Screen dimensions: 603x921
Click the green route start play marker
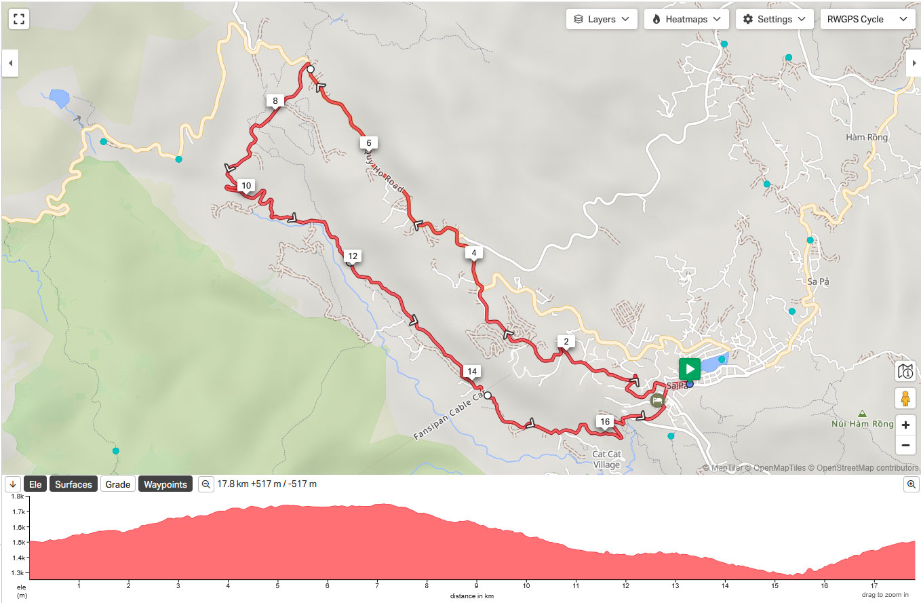(x=689, y=369)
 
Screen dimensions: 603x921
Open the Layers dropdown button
(x=602, y=19)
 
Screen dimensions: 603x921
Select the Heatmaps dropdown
(x=686, y=19)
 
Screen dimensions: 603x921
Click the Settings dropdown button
(x=774, y=19)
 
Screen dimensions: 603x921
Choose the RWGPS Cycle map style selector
(x=866, y=19)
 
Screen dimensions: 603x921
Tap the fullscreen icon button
(x=19, y=19)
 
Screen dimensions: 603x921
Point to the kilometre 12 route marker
(x=352, y=256)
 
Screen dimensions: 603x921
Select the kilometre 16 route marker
(x=604, y=422)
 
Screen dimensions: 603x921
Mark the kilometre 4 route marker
(x=473, y=254)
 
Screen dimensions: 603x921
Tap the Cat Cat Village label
(x=606, y=459)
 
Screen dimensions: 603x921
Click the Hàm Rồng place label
(x=867, y=137)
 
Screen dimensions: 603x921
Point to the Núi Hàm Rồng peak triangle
(x=862, y=413)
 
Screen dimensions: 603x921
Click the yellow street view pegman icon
(x=905, y=397)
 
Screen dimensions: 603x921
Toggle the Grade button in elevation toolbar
(x=117, y=484)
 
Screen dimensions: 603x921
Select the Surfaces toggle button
(x=73, y=484)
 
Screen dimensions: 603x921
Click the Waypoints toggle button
(x=165, y=484)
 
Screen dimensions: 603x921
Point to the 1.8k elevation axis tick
(x=18, y=497)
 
